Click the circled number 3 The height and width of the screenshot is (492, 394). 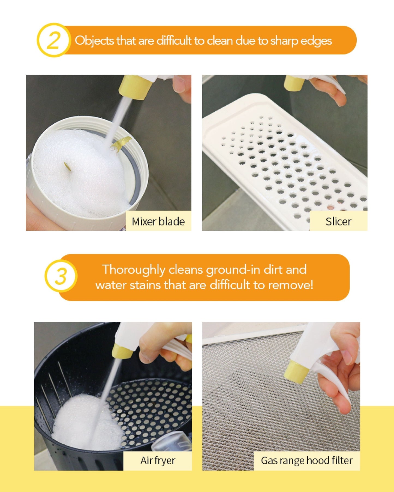coord(61,277)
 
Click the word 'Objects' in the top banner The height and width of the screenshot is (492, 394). coord(94,41)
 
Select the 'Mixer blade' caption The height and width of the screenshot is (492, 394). coord(158,221)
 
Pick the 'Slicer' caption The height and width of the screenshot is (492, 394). coord(338,221)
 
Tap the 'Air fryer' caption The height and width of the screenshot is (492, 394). coord(158,461)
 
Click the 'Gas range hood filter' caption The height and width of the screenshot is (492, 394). coord(307,461)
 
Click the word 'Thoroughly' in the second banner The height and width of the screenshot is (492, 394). coord(134,270)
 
